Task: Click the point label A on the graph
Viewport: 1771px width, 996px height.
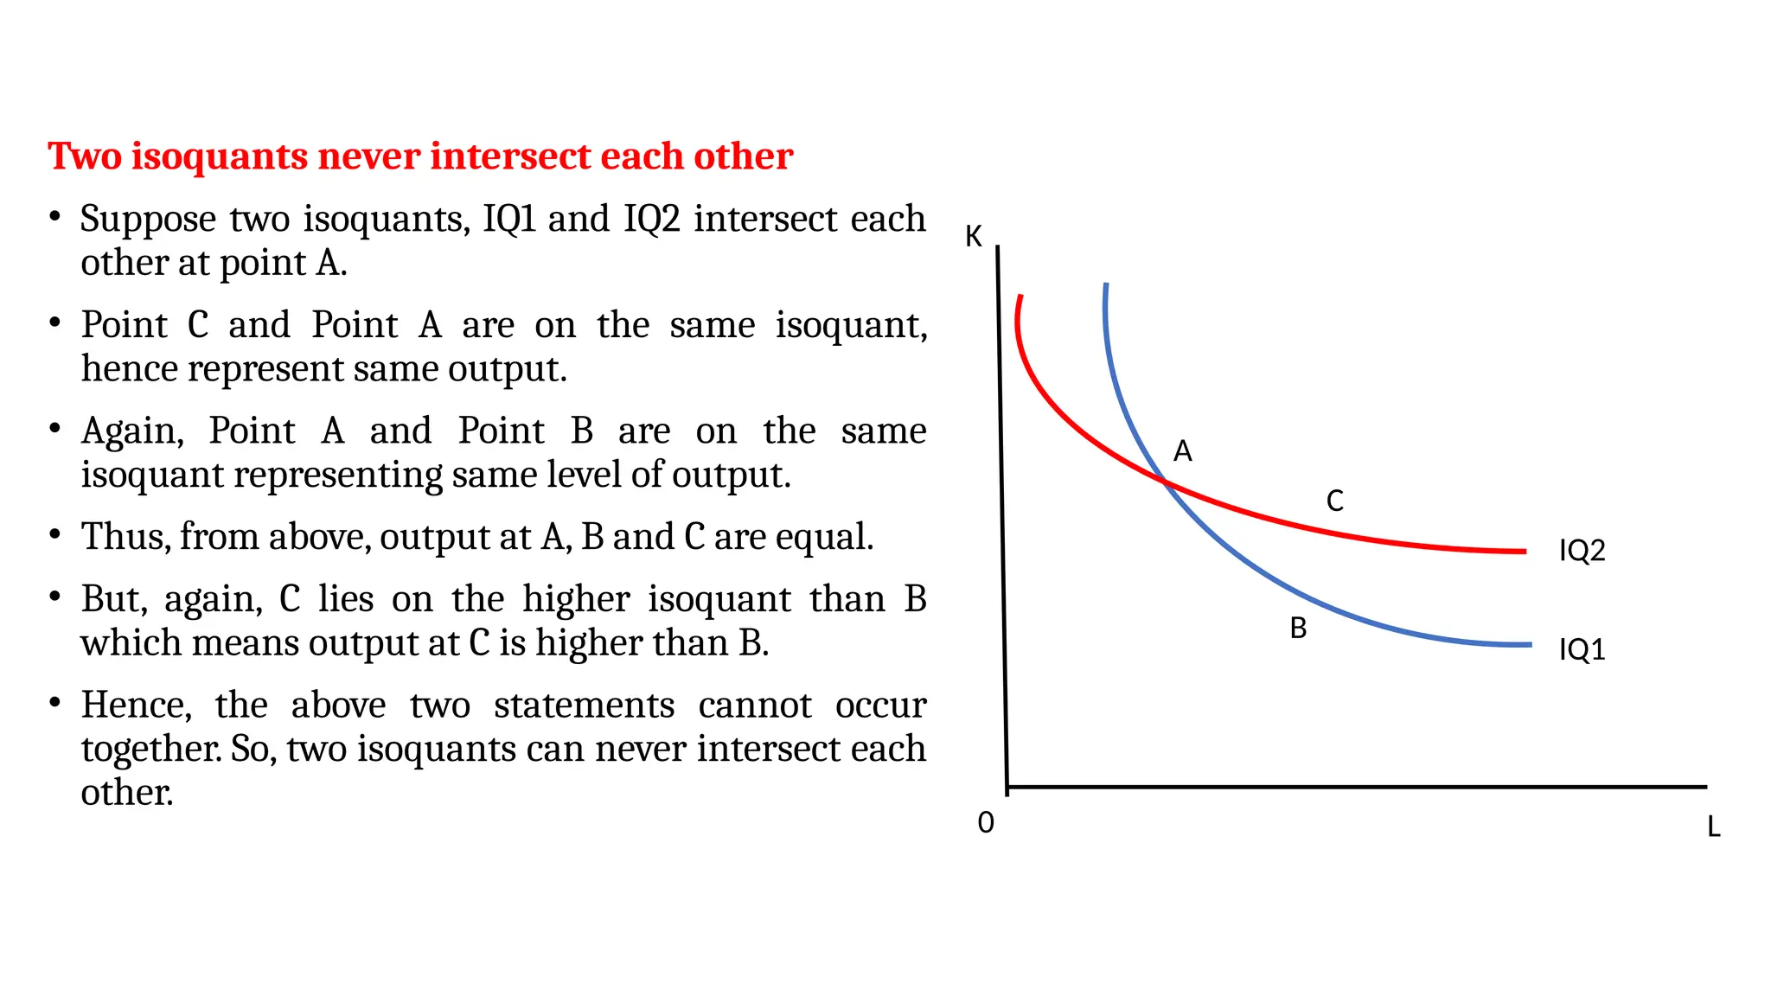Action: [x=1182, y=451]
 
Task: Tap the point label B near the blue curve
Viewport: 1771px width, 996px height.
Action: [x=1298, y=629]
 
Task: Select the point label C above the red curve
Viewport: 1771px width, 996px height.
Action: [x=1335, y=501]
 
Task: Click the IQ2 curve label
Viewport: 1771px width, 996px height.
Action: [x=1582, y=551]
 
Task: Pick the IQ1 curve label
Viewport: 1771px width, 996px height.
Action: [x=1582, y=649]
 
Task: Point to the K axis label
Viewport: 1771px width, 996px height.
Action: [x=974, y=237]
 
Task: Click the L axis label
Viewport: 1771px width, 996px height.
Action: [x=1713, y=827]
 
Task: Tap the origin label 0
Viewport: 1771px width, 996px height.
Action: [x=986, y=823]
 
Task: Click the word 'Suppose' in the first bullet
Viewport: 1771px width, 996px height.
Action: [x=148, y=220]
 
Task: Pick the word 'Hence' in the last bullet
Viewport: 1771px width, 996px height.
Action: [x=135, y=705]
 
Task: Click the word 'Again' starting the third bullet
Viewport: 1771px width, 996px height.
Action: [x=131, y=431]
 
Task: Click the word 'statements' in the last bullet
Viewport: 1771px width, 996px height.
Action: [x=584, y=705]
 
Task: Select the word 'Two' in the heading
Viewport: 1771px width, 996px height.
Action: [x=85, y=156]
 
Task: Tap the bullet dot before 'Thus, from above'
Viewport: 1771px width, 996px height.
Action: [x=54, y=535]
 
